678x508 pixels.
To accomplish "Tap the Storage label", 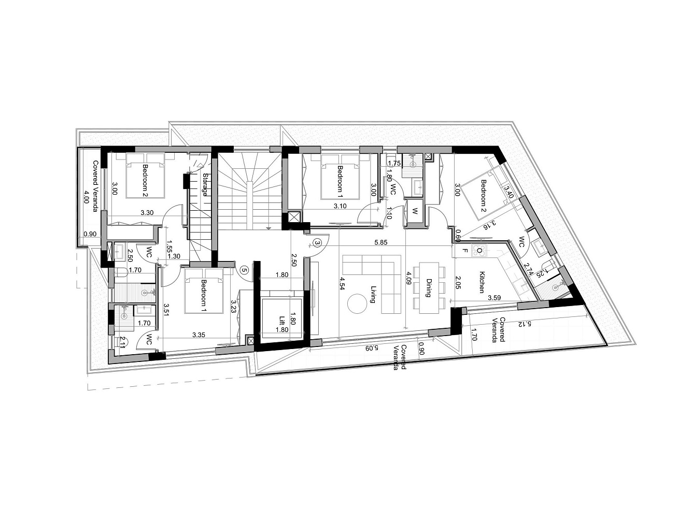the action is tap(205, 185).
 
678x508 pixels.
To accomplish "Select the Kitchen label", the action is tap(481, 282).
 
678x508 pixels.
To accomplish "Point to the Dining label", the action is tap(429, 288).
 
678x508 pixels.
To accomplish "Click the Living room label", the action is tap(373, 294).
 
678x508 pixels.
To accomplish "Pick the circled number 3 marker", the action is tap(317, 243).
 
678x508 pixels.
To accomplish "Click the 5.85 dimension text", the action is tap(381, 243).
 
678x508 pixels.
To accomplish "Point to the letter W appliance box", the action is tap(415, 212).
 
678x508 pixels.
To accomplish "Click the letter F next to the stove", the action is tap(464, 251).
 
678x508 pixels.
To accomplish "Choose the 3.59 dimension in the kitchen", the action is tap(494, 298).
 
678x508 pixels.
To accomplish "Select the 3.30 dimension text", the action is tap(147, 212).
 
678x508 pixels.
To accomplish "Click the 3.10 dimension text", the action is tap(340, 206).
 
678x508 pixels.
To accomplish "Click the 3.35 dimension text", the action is tap(199, 335).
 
